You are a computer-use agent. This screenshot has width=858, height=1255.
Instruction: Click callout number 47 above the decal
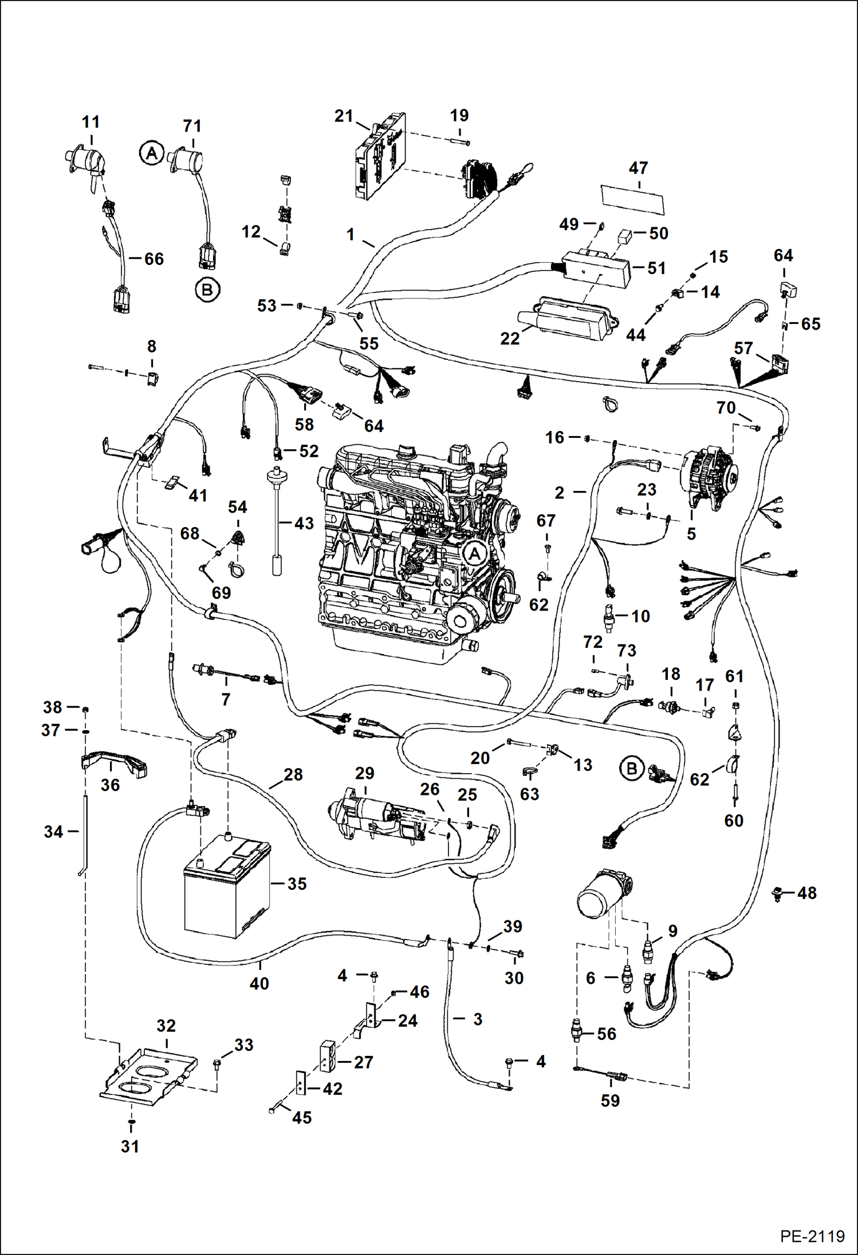[x=638, y=168]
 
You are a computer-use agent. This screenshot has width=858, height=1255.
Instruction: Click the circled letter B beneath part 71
[x=207, y=290]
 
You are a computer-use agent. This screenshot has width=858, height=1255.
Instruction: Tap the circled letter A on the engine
[x=474, y=553]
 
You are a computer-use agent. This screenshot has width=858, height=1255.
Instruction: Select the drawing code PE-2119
[x=812, y=1236]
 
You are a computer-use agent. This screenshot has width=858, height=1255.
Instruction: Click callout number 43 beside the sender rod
[x=304, y=523]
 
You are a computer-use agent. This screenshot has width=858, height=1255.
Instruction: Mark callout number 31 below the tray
[x=130, y=1147]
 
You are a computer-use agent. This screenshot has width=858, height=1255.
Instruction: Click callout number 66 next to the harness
[x=154, y=259]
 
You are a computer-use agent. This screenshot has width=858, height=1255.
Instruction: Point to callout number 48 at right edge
[x=806, y=893]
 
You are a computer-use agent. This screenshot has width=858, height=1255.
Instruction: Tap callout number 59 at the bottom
[x=610, y=1100]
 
